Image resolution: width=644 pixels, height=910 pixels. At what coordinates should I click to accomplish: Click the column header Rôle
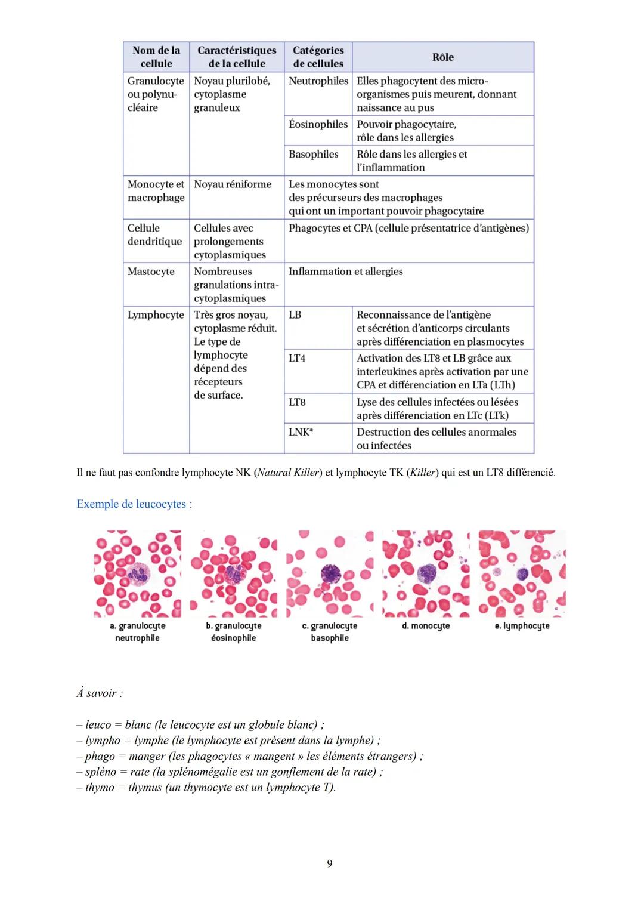tap(442, 57)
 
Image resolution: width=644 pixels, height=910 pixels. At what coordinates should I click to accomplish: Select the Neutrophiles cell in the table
tap(318, 81)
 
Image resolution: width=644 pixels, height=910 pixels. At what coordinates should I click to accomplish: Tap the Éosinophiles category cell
tap(318, 124)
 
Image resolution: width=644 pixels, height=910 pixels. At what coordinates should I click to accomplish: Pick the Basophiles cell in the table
tap(313, 155)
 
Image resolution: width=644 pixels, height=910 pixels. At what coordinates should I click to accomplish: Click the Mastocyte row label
tap(151, 272)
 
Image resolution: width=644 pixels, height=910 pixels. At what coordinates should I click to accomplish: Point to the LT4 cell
tap(297, 359)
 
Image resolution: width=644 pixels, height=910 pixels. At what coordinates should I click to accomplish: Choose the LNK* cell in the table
tap(301, 432)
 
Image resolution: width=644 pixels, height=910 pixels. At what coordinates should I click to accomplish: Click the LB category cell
tap(295, 315)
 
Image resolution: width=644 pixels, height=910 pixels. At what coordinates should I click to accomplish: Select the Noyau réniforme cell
tap(233, 184)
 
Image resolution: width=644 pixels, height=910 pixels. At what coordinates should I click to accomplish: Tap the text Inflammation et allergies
tap(345, 272)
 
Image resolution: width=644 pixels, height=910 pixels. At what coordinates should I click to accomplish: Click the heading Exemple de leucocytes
tap(134, 504)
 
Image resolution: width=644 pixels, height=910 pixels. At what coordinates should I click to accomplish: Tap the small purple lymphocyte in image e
tap(523, 574)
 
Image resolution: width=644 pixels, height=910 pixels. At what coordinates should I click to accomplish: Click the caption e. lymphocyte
tap(522, 626)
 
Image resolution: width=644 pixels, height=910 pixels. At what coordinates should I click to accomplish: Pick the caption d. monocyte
tap(426, 626)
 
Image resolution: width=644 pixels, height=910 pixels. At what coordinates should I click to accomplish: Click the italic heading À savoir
tap(99, 693)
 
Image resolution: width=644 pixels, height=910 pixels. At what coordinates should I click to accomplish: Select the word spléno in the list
tap(100, 772)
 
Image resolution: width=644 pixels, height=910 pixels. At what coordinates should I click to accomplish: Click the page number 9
tap(330, 863)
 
